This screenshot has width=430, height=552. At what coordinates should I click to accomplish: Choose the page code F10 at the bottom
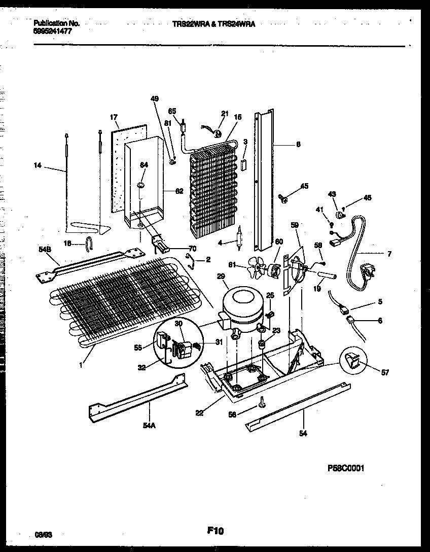point(216,531)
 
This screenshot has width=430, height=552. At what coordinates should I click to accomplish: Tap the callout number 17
point(114,118)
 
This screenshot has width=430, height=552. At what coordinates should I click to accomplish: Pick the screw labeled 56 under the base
point(262,403)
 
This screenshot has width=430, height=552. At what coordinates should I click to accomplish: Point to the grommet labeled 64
point(139,186)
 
